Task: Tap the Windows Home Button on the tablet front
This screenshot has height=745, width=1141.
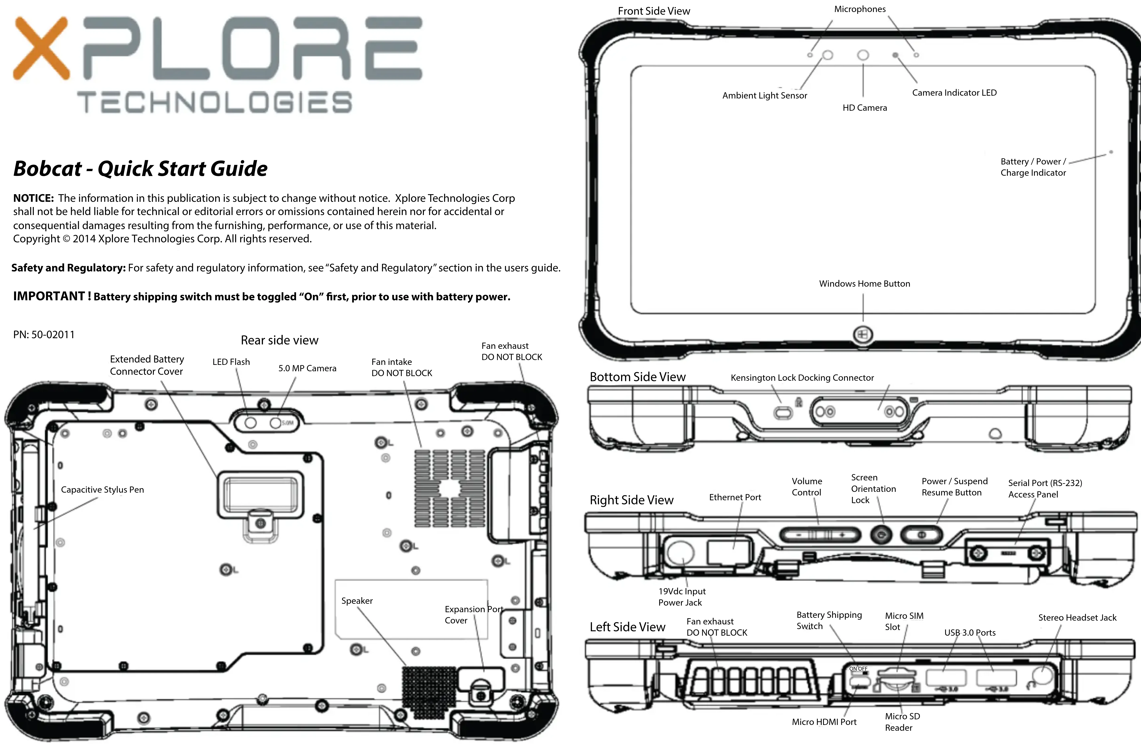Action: click(862, 335)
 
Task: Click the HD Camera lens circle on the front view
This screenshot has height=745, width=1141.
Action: click(863, 55)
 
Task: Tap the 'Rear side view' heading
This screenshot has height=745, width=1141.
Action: click(279, 340)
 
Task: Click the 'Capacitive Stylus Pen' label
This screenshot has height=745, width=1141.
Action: click(102, 489)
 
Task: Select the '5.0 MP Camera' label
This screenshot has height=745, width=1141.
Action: click(307, 368)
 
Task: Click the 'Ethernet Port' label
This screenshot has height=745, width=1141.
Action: click(735, 497)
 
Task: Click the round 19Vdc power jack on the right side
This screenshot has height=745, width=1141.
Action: click(681, 552)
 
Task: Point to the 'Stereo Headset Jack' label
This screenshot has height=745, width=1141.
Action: click(1077, 617)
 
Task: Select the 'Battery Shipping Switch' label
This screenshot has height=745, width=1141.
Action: click(829, 620)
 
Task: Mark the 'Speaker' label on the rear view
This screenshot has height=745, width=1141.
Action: click(357, 601)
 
